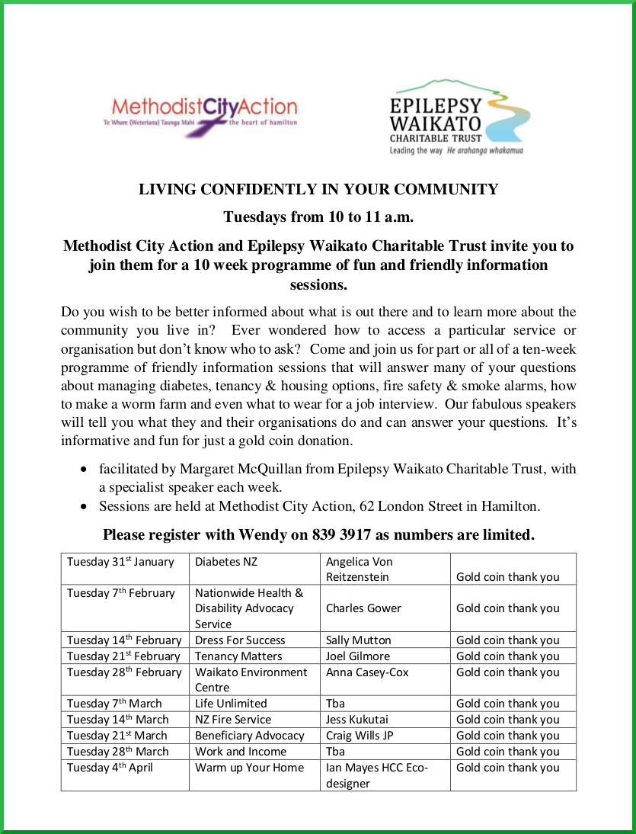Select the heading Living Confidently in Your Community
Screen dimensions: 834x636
pyautogui.click(x=318, y=189)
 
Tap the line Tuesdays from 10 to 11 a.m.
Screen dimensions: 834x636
pyautogui.click(x=318, y=217)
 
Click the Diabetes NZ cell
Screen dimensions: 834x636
pyautogui.click(x=226, y=562)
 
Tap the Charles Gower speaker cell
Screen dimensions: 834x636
pyautogui.click(x=363, y=608)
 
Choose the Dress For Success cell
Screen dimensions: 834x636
pyautogui.click(x=240, y=640)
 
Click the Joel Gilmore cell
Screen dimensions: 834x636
pyautogui.click(x=358, y=656)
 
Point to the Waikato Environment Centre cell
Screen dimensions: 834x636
pyautogui.click(x=251, y=679)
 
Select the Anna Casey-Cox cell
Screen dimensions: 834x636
pyautogui.click(x=367, y=672)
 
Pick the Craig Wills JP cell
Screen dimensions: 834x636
pyautogui.click(x=360, y=736)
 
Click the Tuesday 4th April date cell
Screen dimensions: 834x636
pyautogui.click(x=110, y=768)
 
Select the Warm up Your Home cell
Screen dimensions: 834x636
pyautogui.click(x=249, y=768)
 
